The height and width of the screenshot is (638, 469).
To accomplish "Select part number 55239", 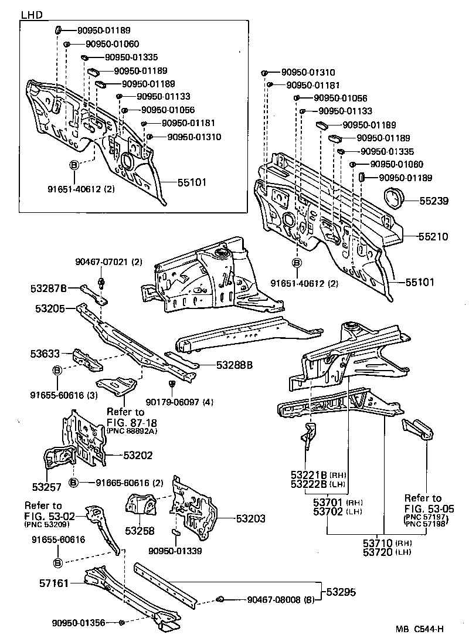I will click(434, 201).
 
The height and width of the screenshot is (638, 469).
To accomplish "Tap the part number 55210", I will click(434, 237).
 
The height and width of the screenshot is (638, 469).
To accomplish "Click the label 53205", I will click(45, 307).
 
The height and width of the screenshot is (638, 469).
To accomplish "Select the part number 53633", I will click(45, 354).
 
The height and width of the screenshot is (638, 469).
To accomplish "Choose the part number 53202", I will click(138, 454).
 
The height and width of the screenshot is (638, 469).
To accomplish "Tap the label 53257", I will click(46, 487).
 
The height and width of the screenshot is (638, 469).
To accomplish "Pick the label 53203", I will click(251, 518).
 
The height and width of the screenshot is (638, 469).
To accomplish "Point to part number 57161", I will click(54, 583).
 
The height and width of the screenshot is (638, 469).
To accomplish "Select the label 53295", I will click(341, 592).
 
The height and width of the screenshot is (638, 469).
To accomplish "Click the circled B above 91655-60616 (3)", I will click(57, 370).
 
